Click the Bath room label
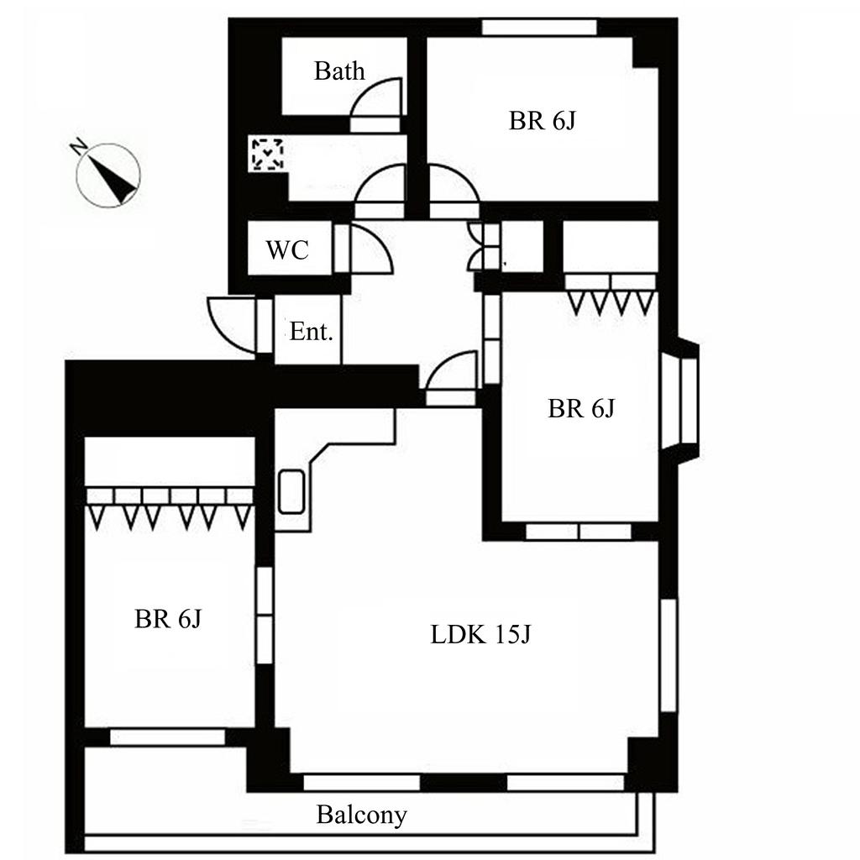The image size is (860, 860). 339,71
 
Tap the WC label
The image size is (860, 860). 287,250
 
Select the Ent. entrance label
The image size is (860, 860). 311,332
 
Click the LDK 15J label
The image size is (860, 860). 480,635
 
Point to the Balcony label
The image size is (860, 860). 361,815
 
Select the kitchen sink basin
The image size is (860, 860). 291,491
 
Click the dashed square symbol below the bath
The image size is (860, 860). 268,155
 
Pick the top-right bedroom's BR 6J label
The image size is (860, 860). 542,121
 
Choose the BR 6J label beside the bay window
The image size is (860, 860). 581,409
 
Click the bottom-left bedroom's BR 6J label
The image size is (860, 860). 167,620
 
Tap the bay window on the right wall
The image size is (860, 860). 683,401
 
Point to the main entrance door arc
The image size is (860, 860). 231,323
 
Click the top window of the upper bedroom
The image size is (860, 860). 539,27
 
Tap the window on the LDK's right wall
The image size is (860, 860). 668,655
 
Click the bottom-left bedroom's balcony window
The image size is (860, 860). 168,737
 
